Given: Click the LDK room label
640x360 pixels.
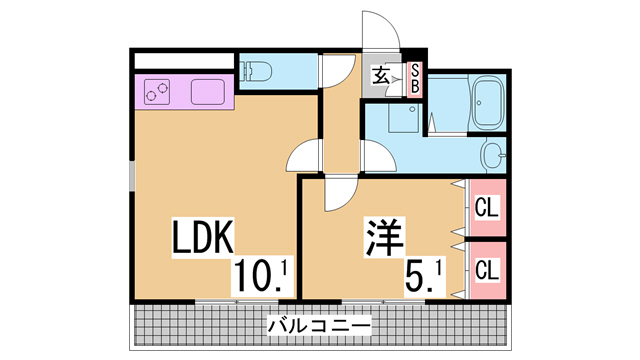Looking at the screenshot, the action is point(203,237).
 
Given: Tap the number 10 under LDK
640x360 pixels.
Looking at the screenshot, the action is point(253,279).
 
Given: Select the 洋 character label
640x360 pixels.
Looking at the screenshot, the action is point(384,238).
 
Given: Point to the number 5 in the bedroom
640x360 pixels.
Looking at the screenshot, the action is point(415,279).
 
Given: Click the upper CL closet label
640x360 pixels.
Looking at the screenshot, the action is point(487,207).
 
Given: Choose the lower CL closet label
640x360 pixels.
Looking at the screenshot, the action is point(487,270).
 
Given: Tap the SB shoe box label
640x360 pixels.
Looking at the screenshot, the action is point(415,80).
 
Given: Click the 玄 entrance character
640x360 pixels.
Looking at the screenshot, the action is point(381,75).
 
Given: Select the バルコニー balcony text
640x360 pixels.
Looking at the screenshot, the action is point(319,326).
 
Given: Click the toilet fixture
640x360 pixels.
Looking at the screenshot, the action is point(256,71).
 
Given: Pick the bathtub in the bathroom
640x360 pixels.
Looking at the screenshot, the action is point(487,102).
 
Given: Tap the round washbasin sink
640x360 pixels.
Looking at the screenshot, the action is point(493,155).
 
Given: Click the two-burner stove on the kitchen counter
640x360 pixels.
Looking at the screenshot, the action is point(157,92).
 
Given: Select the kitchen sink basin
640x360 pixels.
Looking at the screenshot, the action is point(208,92).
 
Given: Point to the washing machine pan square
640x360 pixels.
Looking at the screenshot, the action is point(404,118).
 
